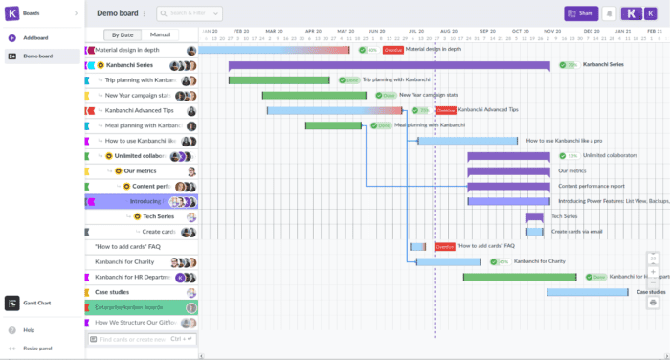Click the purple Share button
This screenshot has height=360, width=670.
(x=581, y=13)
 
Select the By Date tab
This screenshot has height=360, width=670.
(x=121, y=34)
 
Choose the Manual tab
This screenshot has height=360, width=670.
(x=160, y=34)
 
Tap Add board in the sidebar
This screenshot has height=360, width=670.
(x=35, y=37)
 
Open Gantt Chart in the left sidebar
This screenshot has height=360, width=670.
(x=36, y=303)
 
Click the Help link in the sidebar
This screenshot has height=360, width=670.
(x=29, y=330)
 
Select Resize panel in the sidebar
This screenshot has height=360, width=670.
(x=37, y=348)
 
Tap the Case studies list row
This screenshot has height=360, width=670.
(x=112, y=292)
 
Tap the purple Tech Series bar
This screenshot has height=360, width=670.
(x=534, y=216)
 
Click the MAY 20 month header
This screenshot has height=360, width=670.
(x=345, y=31)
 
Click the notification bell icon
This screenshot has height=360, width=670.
(x=609, y=13)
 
